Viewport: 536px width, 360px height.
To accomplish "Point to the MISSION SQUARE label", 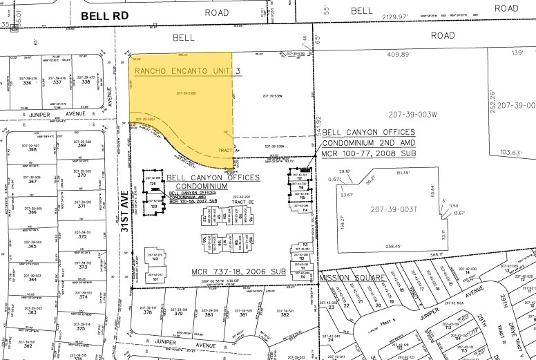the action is pyautogui.click(x=354, y=277).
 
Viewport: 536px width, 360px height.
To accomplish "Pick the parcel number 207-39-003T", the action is pyautogui.click(x=393, y=209).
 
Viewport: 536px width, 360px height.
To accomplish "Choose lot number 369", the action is pyautogui.click(x=82, y=146).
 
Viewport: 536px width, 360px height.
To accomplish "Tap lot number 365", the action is pyautogui.click(x=32, y=246).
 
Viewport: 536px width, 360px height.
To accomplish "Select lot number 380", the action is pyautogui.click(x=208, y=312).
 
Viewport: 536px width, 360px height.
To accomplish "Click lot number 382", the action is pyautogui.click(x=285, y=312).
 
